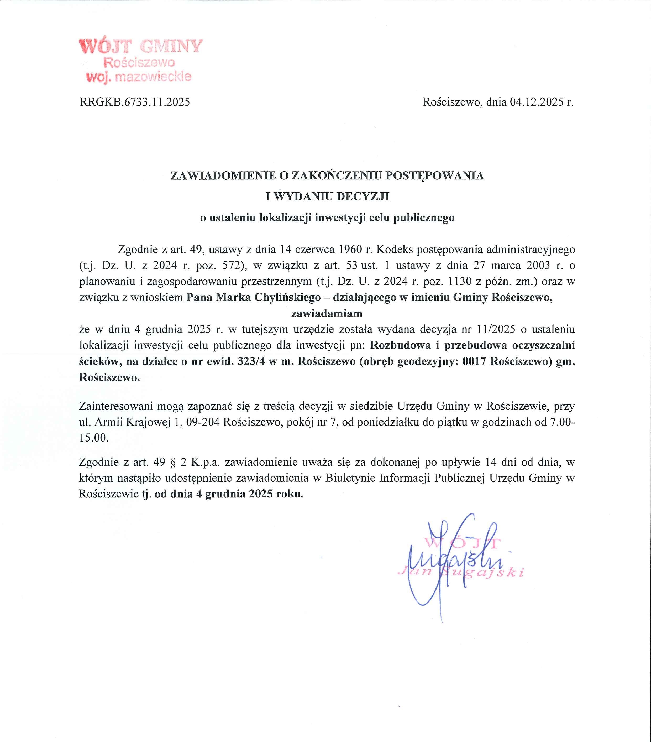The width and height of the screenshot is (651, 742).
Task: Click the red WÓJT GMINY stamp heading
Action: coord(141,46)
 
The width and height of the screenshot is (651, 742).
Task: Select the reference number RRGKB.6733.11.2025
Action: coord(135,102)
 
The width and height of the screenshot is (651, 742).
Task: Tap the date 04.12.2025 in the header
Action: coord(536,102)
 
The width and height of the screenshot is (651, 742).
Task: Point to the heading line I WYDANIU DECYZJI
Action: coord(327,196)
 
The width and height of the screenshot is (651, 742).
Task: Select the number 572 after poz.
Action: coord(232,265)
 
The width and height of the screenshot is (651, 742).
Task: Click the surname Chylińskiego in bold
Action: coord(287,297)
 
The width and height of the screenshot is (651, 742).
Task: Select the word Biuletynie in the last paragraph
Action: coord(350,478)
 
